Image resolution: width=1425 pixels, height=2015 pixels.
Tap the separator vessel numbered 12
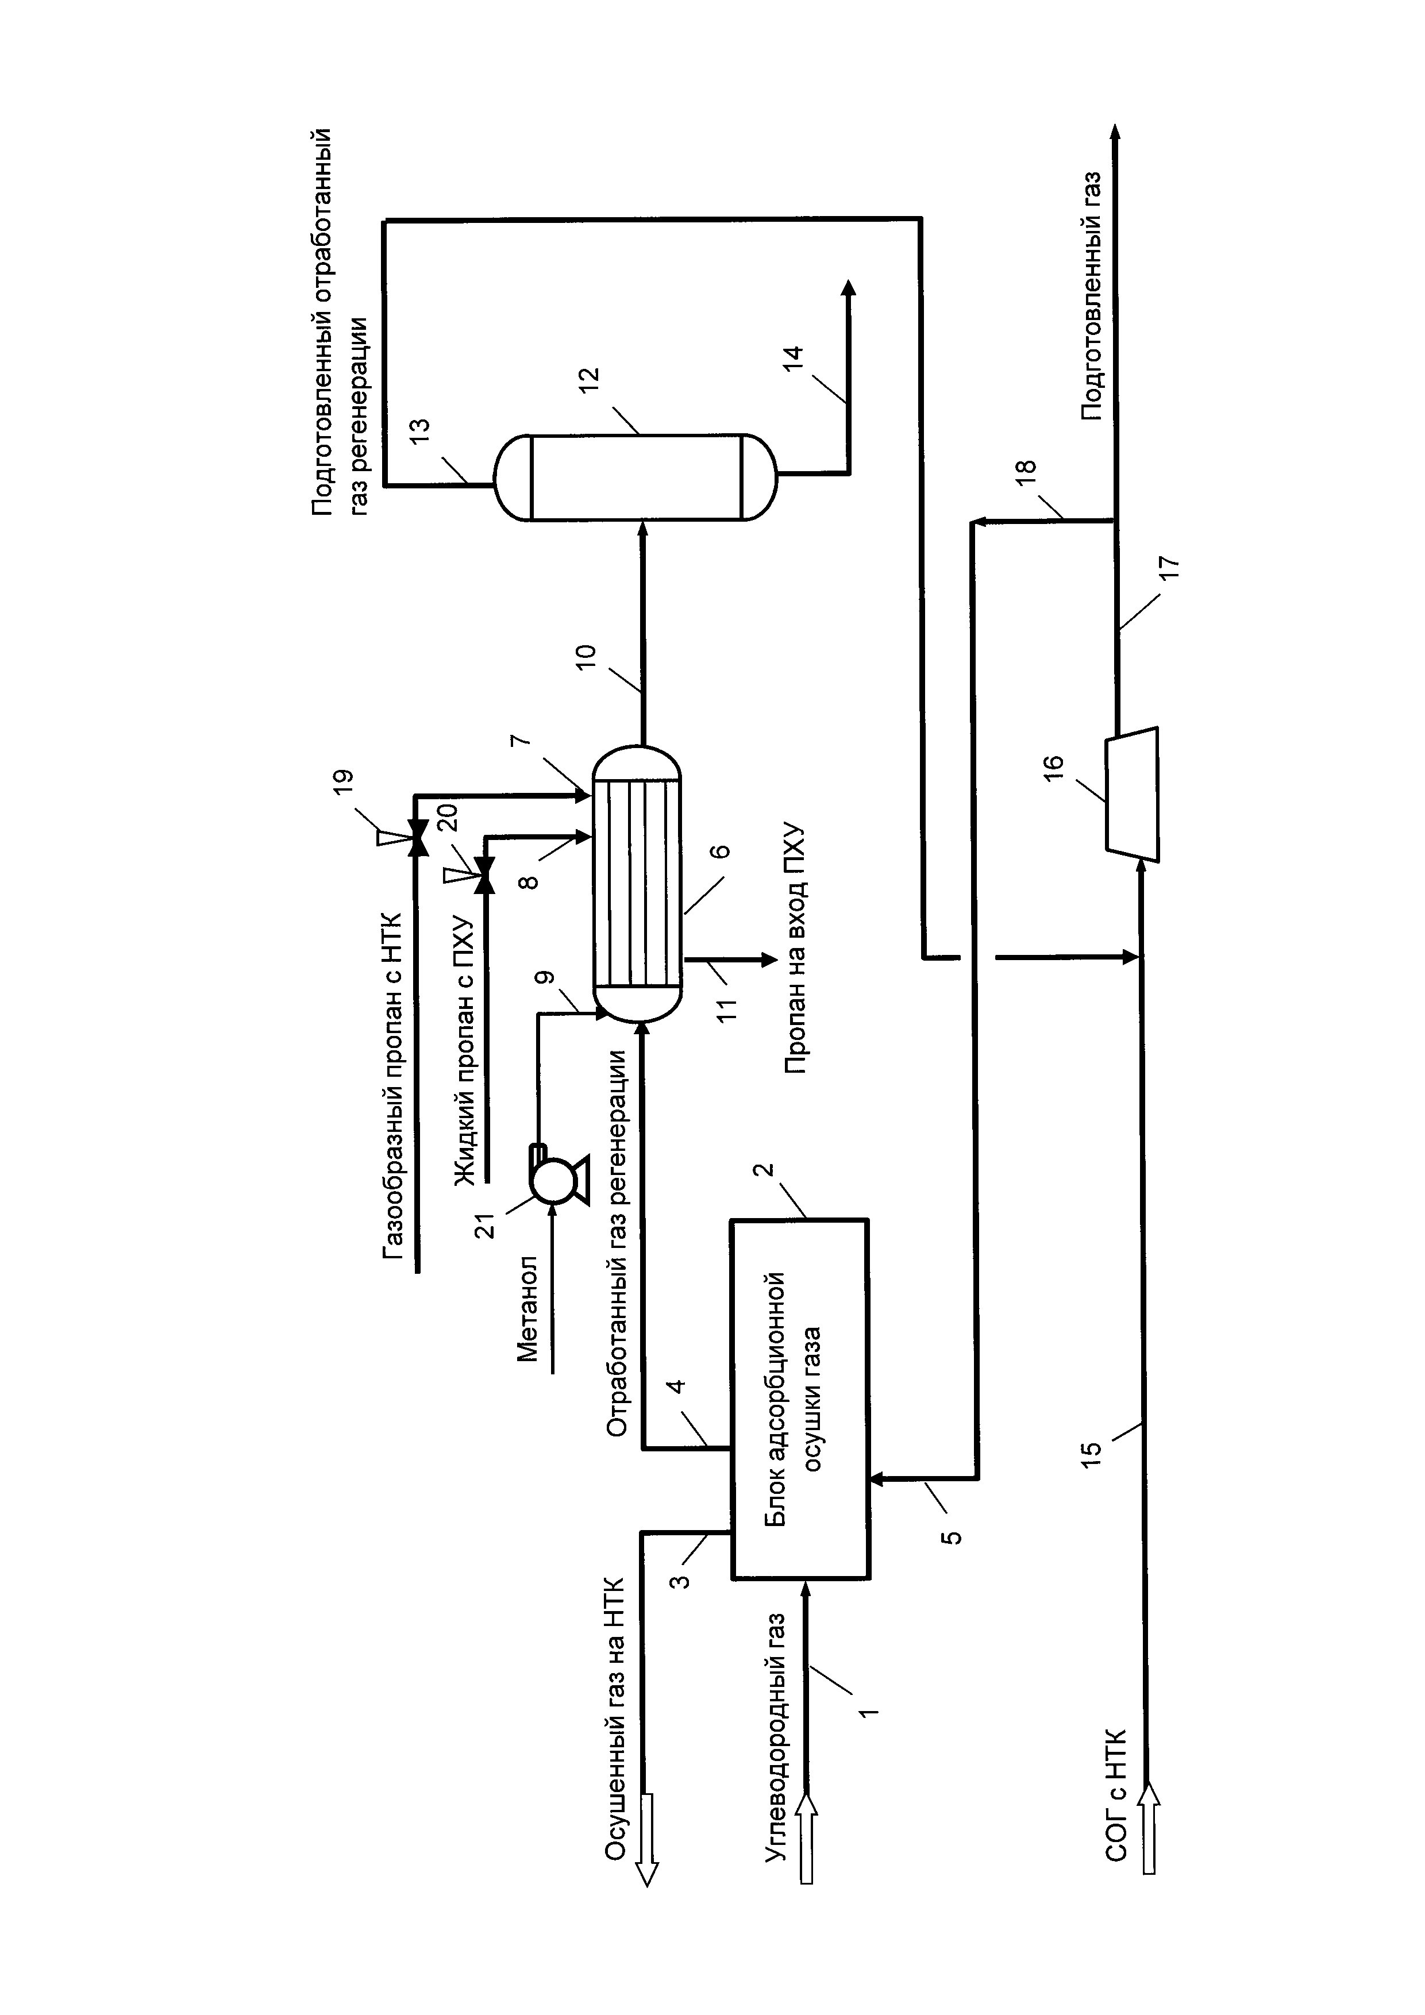click(x=636, y=476)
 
